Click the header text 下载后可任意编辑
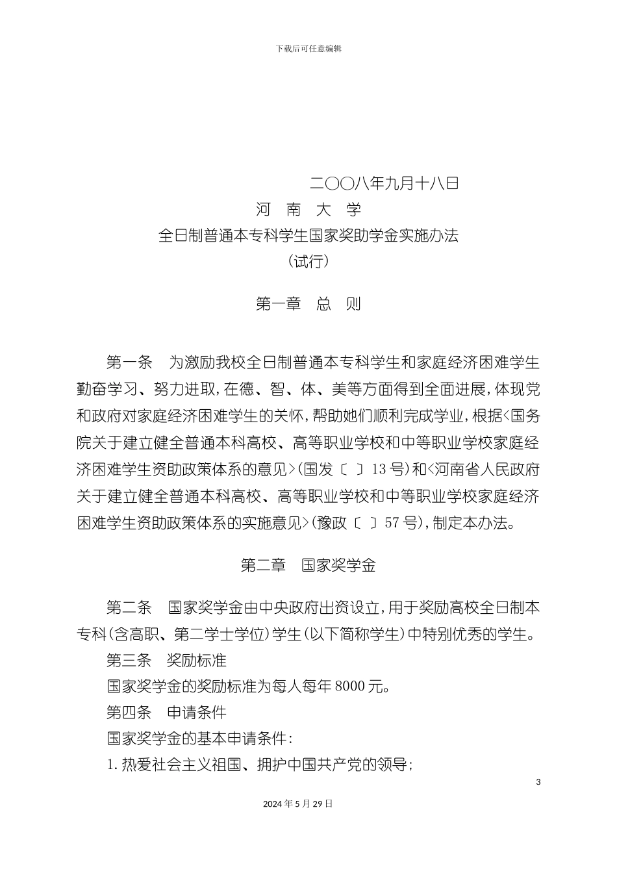(x=308, y=49)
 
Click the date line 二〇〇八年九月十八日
(x=384, y=183)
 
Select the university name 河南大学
(x=308, y=210)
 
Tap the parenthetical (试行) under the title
(x=308, y=262)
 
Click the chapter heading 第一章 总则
(x=308, y=304)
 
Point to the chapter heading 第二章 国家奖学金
(x=308, y=566)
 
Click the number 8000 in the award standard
(x=351, y=687)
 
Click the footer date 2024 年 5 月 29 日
(x=298, y=803)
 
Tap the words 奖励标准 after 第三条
(x=197, y=661)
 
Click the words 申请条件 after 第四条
(x=197, y=713)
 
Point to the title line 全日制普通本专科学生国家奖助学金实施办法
(x=308, y=236)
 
